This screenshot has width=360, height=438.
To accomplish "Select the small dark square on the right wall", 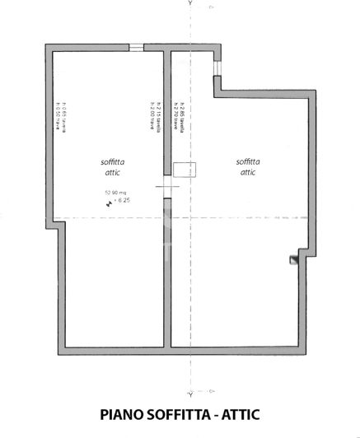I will [292, 259].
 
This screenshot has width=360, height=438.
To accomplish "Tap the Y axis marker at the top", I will [190, 4].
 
